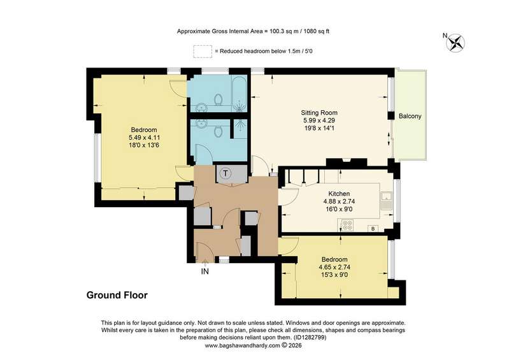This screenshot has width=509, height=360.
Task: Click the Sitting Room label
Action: click(x=319, y=113)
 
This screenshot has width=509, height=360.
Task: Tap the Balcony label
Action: click(x=410, y=116)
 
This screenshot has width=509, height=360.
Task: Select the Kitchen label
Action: click(x=339, y=194)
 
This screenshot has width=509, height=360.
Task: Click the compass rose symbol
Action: click(x=455, y=43)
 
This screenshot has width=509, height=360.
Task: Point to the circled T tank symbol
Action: click(x=226, y=173)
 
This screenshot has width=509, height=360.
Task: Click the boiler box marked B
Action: click(x=373, y=229)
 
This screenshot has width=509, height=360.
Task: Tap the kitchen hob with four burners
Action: click(x=347, y=225)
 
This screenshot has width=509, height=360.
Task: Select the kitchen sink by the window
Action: click(x=386, y=201)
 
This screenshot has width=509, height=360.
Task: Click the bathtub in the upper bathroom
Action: click(x=240, y=94)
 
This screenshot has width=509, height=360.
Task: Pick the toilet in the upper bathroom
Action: click(x=219, y=99)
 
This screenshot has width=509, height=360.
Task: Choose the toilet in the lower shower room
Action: click(x=219, y=131)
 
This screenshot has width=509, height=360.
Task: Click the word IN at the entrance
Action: click(x=205, y=271)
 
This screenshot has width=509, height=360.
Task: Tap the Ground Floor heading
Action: click(x=117, y=295)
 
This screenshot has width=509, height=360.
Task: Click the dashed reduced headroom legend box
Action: click(x=203, y=51)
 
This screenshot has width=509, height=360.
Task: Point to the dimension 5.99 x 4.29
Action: click(x=319, y=120)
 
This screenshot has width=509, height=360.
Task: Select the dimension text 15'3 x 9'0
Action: click(x=334, y=275)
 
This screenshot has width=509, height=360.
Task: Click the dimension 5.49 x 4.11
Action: click(x=144, y=138)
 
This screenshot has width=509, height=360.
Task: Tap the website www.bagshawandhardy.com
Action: click(x=242, y=345)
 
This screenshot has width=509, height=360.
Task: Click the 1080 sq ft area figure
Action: click(x=316, y=31)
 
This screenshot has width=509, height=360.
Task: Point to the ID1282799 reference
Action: click(x=310, y=338)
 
